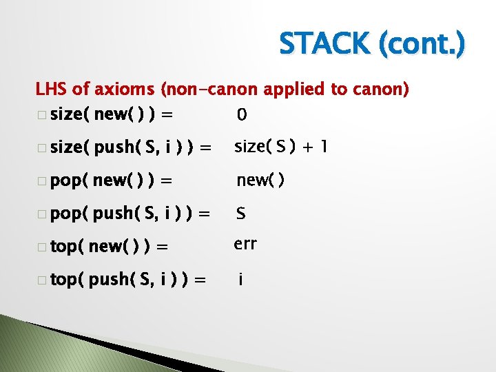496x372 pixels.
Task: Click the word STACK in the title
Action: (x=324, y=45)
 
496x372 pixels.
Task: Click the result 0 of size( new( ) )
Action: (x=241, y=114)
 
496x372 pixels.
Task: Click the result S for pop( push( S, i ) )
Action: (x=241, y=214)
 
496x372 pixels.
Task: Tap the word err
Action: (x=246, y=244)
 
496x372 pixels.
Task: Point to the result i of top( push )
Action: (x=240, y=280)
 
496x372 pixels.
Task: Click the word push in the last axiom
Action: (x=110, y=280)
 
